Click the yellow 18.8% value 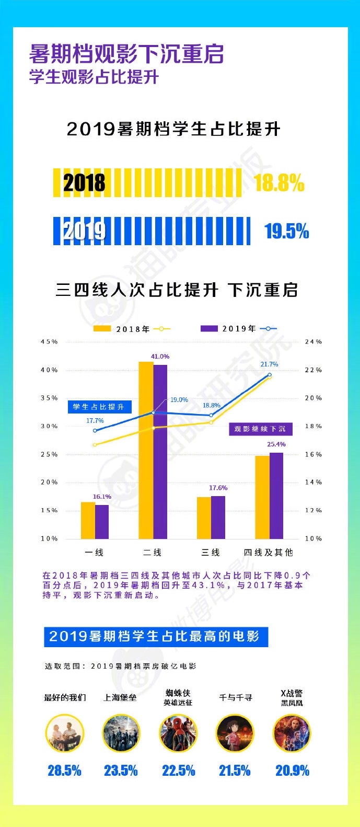coord(278,183)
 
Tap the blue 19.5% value coord(286,231)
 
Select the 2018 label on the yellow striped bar coord(84,183)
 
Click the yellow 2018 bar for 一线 coord(88,520)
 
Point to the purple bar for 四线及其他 coord(276,495)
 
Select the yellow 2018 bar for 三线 coord(204,518)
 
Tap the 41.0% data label coord(160,357)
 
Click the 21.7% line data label coord(269,364)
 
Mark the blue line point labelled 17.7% coord(95,430)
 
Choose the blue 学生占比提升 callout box coord(99,407)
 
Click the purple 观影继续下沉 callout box coord(260,429)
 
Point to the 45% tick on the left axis coord(49,342)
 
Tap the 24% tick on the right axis coord(313,342)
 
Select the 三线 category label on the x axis coord(211,553)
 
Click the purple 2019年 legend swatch coord(209,329)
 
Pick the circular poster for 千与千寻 coord(235,733)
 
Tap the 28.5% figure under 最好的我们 coord(64,771)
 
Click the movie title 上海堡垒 coord(120,698)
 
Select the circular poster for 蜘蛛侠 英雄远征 coord(178,733)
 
